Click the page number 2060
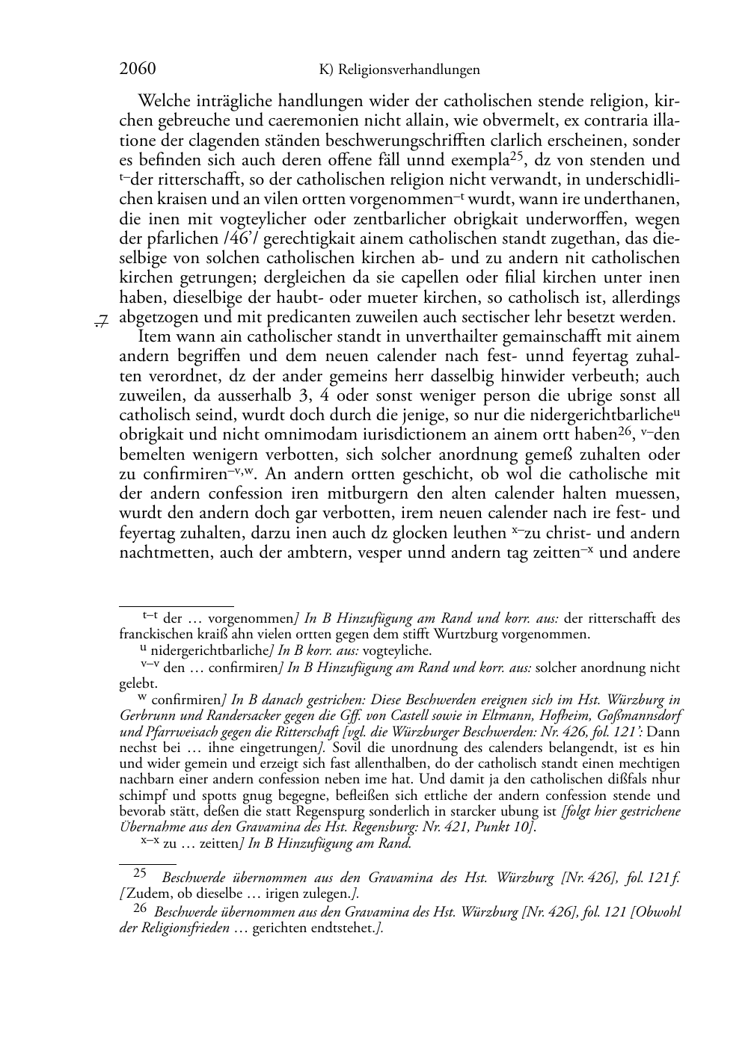click(x=138, y=70)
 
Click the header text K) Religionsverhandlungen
click(x=399, y=70)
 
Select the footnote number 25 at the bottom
click(x=140, y=874)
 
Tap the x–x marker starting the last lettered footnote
click(x=149, y=842)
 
